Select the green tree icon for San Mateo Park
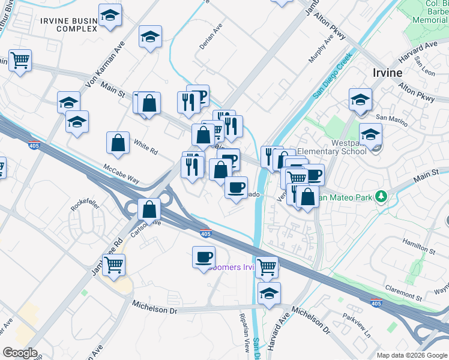click(379, 196)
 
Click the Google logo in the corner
click(20, 352)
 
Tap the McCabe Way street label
click(121, 174)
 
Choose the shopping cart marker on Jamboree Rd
click(113, 264)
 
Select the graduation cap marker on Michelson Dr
click(269, 293)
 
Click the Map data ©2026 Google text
click(411, 355)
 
